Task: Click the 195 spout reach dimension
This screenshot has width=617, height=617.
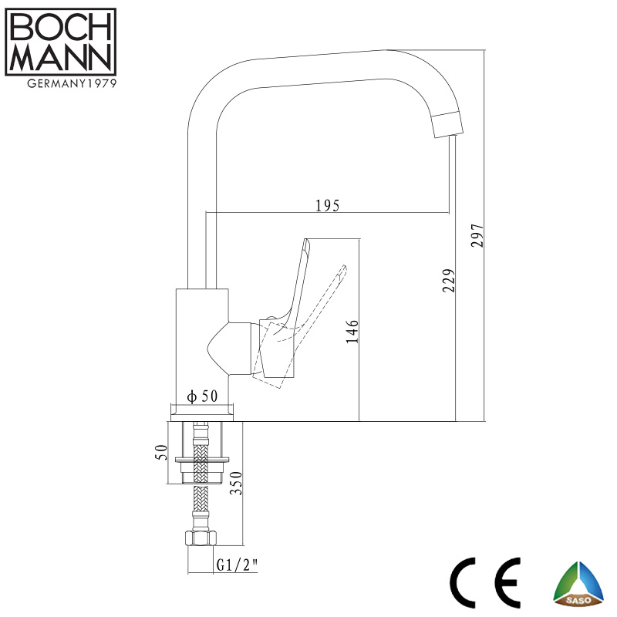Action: pyautogui.click(x=327, y=205)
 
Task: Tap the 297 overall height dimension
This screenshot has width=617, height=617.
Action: pyautogui.click(x=477, y=235)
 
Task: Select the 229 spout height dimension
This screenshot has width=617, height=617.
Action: pyautogui.click(x=449, y=281)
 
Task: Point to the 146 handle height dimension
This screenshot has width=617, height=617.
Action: pyautogui.click(x=352, y=332)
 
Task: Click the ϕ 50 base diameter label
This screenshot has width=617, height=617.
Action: pyautogui.click(x=202, y=396)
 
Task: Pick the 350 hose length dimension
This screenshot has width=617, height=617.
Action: pyautogui.click(x=236, y=483)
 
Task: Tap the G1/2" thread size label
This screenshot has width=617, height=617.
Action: pyautogui.click(x=237, y=565)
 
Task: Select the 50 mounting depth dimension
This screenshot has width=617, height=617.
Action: pyautogui.click(x=161, y=452)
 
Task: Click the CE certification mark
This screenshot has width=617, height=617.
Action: pyautogui.click(x=485, y=582)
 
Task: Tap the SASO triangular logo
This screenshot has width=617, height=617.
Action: pyautogui.click(x=578, y=584)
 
